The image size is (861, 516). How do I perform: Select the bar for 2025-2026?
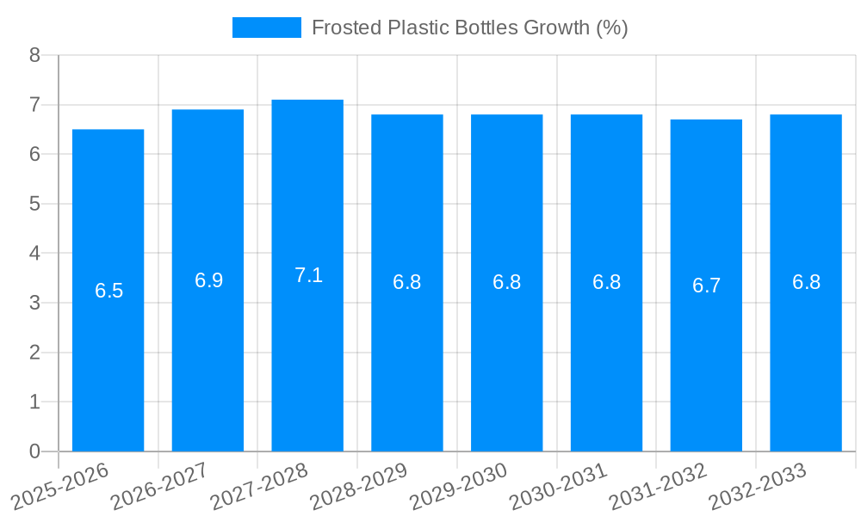108,291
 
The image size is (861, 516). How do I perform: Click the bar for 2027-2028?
307,275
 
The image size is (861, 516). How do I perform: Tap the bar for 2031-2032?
706,286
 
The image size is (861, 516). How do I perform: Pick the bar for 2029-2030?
506,282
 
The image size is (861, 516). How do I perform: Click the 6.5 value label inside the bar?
109,291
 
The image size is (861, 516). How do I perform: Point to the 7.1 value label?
308,275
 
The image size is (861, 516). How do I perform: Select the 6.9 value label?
208,280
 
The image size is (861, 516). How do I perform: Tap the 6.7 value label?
706,286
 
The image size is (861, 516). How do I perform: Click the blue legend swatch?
267,28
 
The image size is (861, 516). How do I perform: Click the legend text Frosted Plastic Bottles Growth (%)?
469,28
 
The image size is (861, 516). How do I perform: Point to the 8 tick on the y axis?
34,55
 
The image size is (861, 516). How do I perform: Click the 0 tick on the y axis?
34,451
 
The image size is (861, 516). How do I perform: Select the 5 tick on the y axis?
34,204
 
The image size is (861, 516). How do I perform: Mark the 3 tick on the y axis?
34,303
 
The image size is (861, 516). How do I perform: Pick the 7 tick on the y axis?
34,105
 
